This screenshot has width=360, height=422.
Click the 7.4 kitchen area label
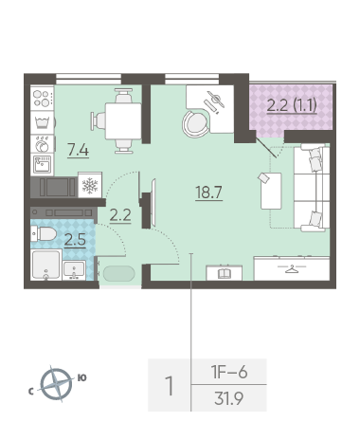click(x=78, y=150)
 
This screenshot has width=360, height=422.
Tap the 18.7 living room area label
click(x=209, y=193)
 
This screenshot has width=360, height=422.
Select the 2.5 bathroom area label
click(x=75, y=240)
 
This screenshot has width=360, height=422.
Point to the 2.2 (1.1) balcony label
click(x=292, y=105)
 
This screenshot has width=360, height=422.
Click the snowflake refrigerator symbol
click(x=90, y=185)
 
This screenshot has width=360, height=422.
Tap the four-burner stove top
click(x=43, y=98)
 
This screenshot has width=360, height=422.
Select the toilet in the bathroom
click(x=44, y=234)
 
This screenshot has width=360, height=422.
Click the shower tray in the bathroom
click(x=46, y=265)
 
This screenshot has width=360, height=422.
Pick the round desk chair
click(x=196, y=123)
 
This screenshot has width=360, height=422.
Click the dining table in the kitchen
click(x=123, y=121)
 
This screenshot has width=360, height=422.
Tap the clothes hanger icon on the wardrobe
click(x=292, y=268)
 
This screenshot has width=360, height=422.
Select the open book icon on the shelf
click(x=225, y=273)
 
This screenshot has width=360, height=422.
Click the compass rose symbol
click(x=56, y=384)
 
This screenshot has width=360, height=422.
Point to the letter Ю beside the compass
click(x=81, y=377)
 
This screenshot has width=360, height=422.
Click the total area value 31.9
click(x=228, y=398)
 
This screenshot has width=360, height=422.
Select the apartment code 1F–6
click(x=229, y=372)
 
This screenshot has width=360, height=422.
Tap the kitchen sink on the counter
click(x=43, y=164)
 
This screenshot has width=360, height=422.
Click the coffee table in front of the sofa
click(x=271, y=191)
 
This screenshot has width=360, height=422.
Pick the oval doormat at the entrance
click(x=118, y=273)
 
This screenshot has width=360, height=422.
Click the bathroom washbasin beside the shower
click(x=74, y=270)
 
